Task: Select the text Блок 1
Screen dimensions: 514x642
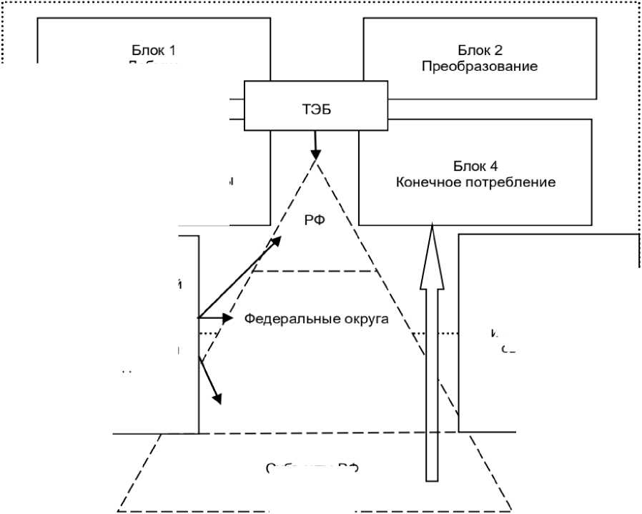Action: [153, 51]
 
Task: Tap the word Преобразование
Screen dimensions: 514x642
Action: [479, 67]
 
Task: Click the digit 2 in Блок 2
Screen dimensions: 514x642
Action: [499, 51]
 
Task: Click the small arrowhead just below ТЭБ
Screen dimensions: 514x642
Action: [315, 155]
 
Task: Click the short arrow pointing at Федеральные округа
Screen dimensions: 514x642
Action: [217, 318]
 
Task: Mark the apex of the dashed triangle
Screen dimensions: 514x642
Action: [315, 162]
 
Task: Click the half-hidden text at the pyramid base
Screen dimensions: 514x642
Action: [311, 468]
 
